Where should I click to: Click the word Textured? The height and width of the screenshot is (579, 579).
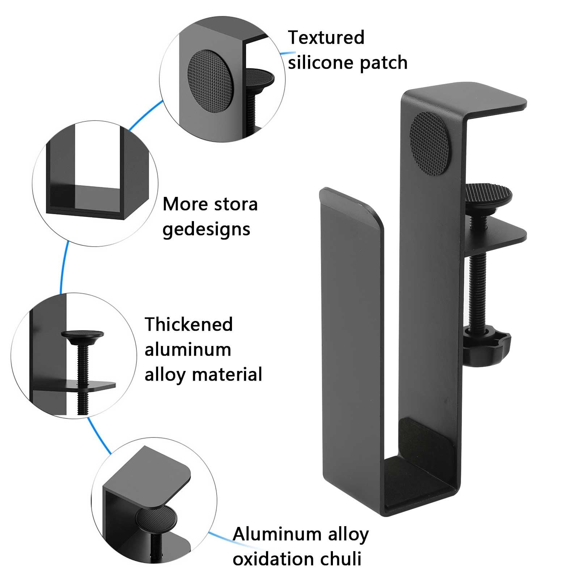[326, 38]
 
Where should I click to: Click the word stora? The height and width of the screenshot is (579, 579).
[235, 204]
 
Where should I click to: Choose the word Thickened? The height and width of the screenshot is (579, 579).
[189, 324]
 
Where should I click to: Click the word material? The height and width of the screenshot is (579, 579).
[227, 374]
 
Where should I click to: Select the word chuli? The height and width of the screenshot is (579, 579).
[341, 559]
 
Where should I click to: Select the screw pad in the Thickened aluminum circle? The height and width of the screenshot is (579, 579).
[83, 334]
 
